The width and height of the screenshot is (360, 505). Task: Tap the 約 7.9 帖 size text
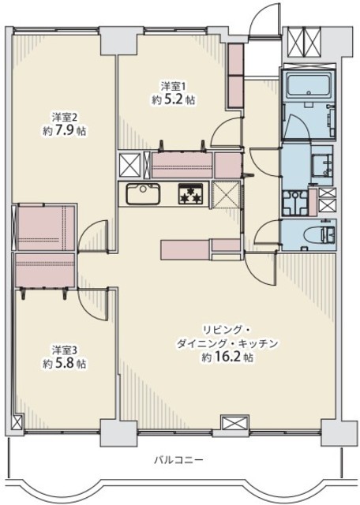point(65,130)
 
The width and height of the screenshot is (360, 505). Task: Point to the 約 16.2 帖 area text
point(227,357)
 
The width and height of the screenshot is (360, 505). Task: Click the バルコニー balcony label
point(178,459)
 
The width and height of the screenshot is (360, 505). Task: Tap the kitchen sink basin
point(143,194)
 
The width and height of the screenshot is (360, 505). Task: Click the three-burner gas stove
point(191,194)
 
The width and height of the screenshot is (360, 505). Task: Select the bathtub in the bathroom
point(309,86)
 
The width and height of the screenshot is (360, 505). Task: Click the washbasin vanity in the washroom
point(321,165)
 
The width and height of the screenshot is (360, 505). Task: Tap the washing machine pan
point(295,203)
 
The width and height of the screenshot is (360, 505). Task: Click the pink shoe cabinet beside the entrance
point(235,76)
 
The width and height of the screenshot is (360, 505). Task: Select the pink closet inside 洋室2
point(47,227)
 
